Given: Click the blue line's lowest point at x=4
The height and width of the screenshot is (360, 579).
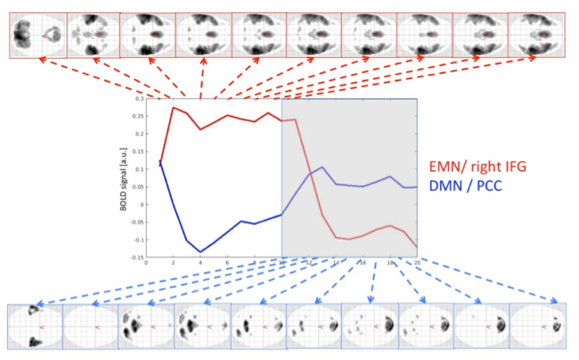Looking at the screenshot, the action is tap(200, 252).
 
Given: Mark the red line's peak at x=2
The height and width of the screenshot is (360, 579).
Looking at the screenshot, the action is tap(174, 108).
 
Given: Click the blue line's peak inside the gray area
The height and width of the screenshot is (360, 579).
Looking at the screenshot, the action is tap(322, 167).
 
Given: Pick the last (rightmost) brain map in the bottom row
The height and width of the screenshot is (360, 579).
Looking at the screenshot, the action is tap(537, 326).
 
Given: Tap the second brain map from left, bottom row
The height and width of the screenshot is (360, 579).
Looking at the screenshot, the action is tap(90, 326).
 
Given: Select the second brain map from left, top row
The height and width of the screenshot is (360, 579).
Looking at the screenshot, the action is tap(92, 34).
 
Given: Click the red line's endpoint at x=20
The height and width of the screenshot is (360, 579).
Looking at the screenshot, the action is tap(416, 246).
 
